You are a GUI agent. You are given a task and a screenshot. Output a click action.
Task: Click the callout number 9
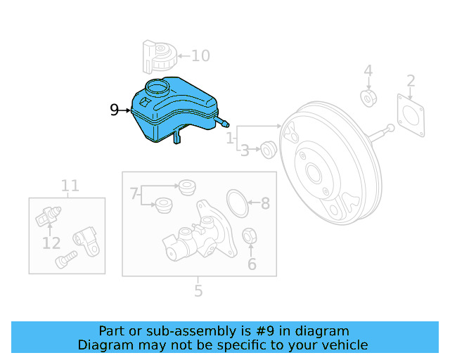(115, 110)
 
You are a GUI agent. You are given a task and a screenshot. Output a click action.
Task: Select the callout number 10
(200, 56)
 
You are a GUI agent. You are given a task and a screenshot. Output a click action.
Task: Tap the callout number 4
(368, 71)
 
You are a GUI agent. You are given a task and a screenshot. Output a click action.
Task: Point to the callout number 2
(411, 81)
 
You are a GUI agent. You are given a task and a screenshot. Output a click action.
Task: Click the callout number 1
(230, 139)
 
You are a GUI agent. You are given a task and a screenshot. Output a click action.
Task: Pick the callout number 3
(245, 150)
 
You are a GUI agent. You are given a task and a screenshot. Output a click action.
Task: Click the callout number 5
(198, 290)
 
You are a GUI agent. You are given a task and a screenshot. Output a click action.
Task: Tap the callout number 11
(70, 186)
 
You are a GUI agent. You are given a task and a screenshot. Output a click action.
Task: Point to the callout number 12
(51, 243)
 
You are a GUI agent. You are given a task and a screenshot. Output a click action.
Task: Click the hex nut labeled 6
(249, 236)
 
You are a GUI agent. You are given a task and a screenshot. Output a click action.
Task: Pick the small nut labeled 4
(368, 97)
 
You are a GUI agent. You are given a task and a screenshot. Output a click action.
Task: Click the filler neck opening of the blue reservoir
(157, 88)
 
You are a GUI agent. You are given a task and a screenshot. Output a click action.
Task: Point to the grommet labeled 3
(266, 149)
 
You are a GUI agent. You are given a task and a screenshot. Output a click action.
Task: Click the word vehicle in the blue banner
(342, 345)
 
